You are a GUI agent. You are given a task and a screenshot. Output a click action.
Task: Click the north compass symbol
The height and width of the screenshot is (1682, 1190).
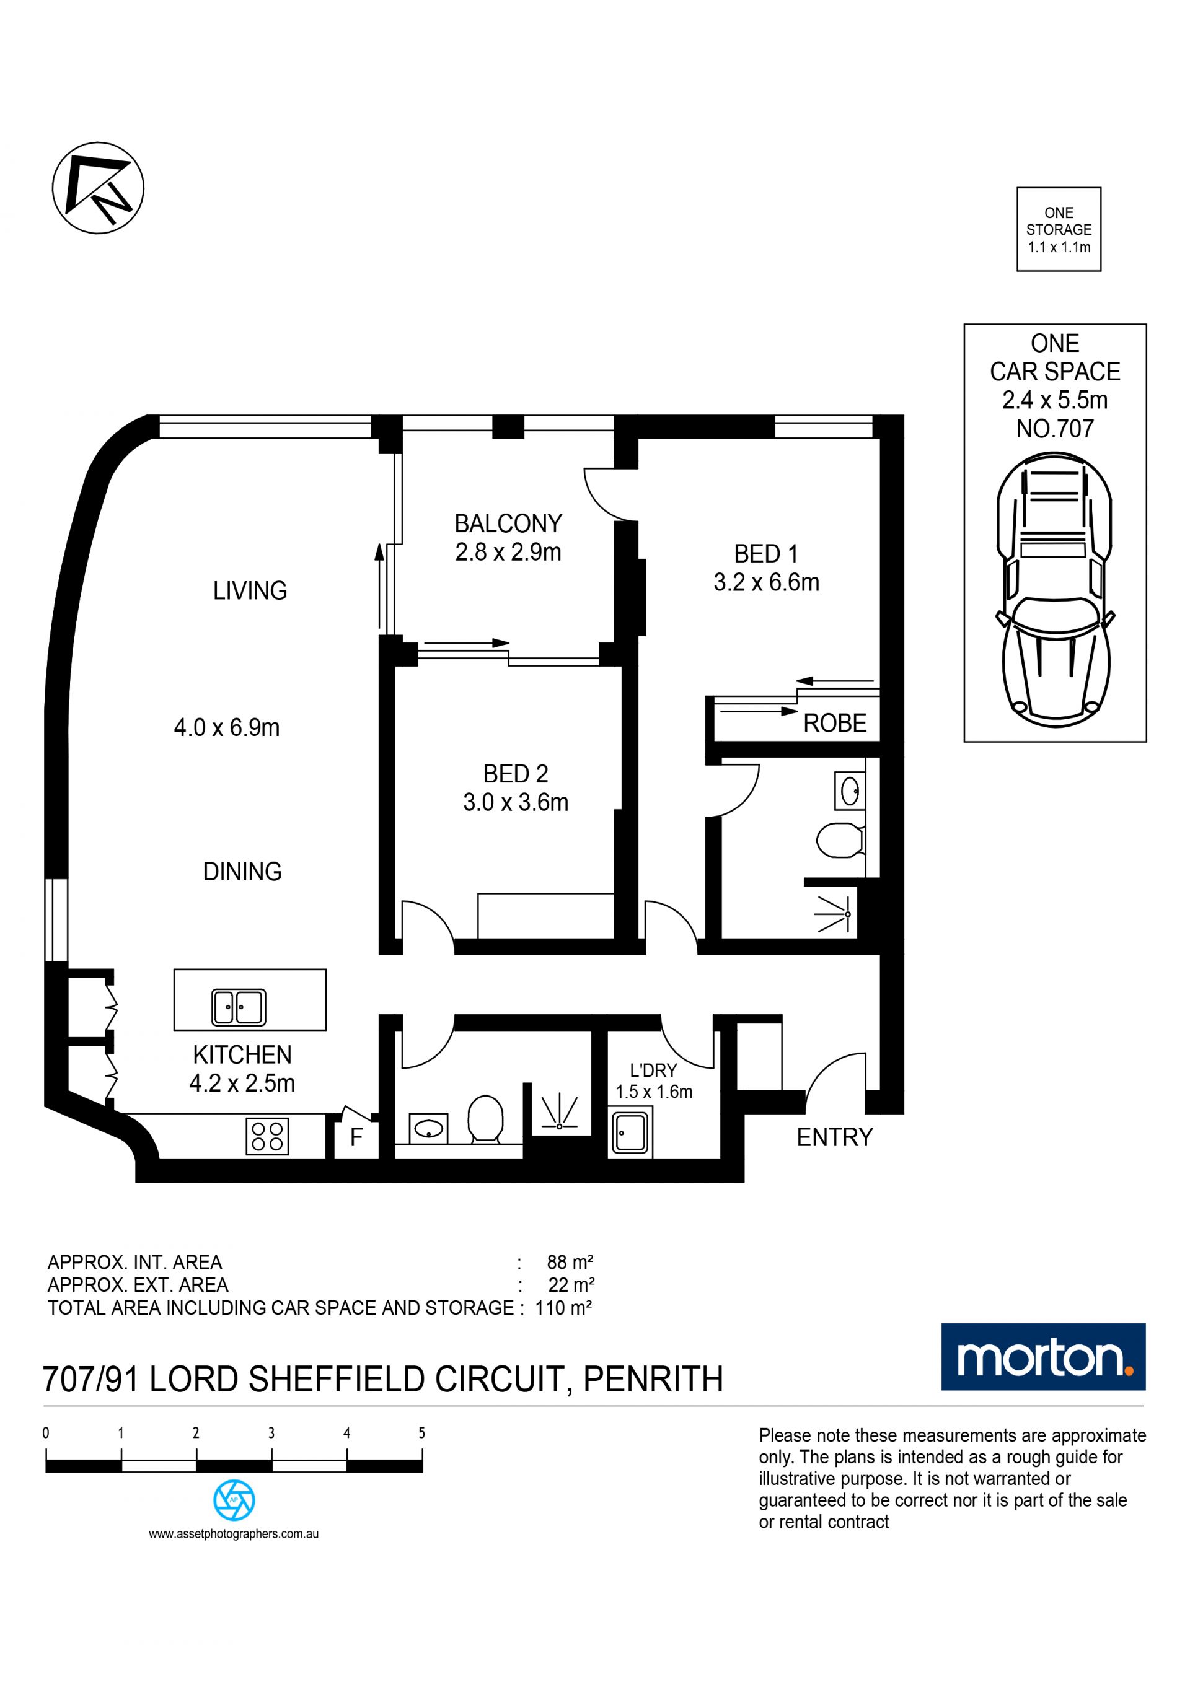coord(98,188)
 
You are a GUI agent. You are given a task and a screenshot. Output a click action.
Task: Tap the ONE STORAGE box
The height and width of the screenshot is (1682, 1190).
coord(1058,229)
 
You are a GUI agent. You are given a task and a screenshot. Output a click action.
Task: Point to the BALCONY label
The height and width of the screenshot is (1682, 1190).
coord(508,523)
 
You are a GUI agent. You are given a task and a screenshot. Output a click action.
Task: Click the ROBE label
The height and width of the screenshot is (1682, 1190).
coord(835,723)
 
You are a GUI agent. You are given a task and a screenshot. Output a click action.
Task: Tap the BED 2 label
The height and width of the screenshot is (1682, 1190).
coord(515,774)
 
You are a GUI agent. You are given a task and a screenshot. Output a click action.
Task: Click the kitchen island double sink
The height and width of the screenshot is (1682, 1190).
coord(239,1007)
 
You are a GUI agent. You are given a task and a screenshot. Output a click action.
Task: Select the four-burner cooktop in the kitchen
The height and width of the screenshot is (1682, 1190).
coord(268,1137)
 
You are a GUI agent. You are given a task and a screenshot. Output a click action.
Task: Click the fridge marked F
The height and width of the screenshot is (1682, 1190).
coord(356,1137)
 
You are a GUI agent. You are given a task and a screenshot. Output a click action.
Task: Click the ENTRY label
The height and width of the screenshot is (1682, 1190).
coord(835,1137)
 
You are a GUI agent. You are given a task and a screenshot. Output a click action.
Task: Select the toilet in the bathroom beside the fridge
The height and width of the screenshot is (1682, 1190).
coord(484,1119)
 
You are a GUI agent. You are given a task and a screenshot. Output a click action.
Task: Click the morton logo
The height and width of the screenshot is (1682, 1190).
coord(1044,1357)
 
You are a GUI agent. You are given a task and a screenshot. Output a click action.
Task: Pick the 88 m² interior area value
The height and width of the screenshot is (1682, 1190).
coord(570,1262)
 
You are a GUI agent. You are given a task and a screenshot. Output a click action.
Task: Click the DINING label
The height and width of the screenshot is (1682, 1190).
coord(242,871)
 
